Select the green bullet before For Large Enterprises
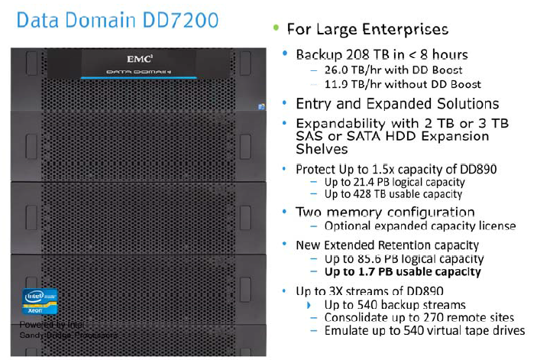275,28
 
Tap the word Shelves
322,149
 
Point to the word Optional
348,225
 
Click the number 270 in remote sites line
417,317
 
